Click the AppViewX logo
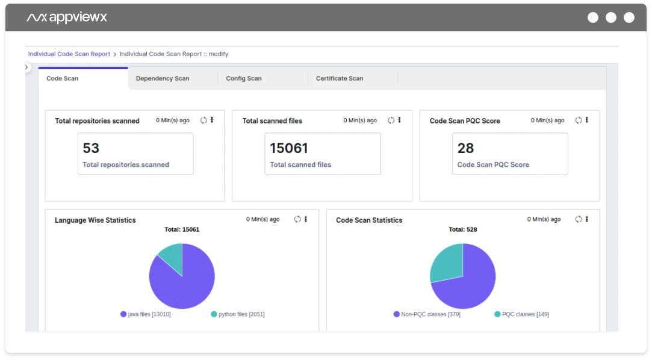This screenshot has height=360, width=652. coord(67,17)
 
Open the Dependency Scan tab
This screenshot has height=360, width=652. coord(163,78)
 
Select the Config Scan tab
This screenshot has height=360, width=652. coord(244,78)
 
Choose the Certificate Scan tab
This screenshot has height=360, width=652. coord(340,78)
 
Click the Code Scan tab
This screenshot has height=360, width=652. coord(63,78)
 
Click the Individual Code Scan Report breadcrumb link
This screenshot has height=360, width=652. coord(69,54)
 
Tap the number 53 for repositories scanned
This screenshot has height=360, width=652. coord(92,148)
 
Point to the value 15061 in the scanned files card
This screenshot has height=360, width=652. coord(289,148)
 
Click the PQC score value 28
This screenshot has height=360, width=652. coord(466,148)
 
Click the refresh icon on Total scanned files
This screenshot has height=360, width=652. coord(391,120)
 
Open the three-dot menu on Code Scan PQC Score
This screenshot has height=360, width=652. coord(587,120)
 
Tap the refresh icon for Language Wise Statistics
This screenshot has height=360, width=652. coord(297,219)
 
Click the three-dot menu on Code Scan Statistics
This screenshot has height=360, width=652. coord(587,219)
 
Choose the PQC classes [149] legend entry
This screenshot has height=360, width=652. coord(521,314)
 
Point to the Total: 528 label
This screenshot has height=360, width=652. coord(463,229)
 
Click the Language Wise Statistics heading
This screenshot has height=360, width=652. coord(95,220)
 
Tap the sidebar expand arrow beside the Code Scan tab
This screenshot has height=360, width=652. coord(26,67)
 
